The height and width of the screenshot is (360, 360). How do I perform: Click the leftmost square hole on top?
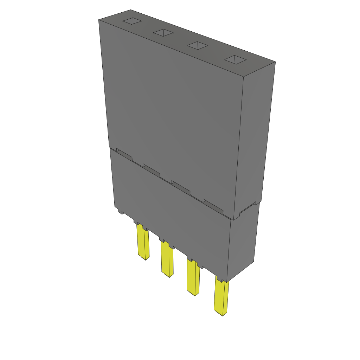(132, 21)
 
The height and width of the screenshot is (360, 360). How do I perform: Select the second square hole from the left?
(163, 33)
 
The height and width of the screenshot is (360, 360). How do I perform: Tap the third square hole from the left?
(197, 45)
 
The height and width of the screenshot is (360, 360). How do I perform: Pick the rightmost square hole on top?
(236, 59)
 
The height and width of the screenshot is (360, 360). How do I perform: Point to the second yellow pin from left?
(167, 258)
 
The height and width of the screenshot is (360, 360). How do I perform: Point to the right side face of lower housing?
(243, 243)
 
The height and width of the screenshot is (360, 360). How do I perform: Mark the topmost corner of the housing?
(130, 10)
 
